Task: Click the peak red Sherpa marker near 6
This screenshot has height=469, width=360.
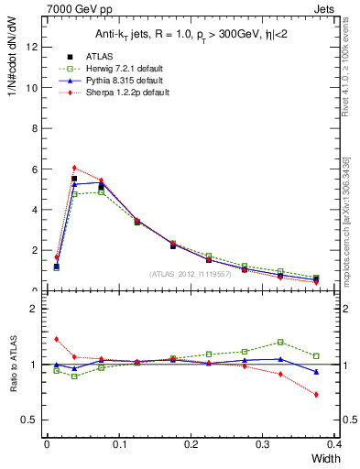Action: coord(74,168)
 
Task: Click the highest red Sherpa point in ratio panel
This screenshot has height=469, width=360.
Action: coord(56,339)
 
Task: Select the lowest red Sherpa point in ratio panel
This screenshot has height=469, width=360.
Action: coord(316,395)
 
